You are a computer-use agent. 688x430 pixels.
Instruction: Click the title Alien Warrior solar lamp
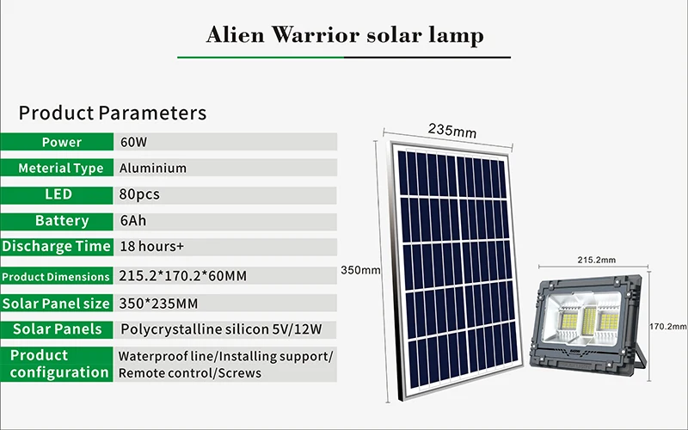(345, 35)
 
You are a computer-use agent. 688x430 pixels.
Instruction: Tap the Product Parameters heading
(113, 113)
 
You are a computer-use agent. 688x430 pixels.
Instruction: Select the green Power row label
(57, 142)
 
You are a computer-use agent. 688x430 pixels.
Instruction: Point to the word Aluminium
(153, 168)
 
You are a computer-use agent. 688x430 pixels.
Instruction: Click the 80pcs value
(139, 194)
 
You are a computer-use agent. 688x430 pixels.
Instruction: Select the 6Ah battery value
(133, 221)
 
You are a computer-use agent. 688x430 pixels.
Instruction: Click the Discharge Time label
(57, 247)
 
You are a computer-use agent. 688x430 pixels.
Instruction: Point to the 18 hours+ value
(152, 247)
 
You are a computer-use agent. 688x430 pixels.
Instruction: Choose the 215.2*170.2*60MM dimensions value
(182, 276)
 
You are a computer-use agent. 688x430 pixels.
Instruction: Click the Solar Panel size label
(57, 304)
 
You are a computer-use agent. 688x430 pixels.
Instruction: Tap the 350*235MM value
(158, 304)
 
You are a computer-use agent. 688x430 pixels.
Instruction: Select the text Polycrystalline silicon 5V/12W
(221, 329)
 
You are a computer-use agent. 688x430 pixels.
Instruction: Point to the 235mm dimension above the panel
(452, 131)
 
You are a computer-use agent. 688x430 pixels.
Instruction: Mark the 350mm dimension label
(360, 270)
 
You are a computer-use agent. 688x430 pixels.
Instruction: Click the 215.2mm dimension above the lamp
(596, 260)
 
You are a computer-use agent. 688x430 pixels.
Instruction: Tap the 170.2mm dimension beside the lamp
(668, 327)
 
